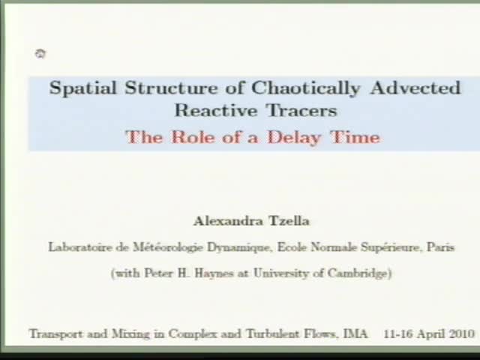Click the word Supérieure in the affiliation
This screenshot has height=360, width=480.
click(393, 247)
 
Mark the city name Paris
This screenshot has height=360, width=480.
click(440, 247)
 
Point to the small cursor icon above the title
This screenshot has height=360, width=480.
click(40, 53)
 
